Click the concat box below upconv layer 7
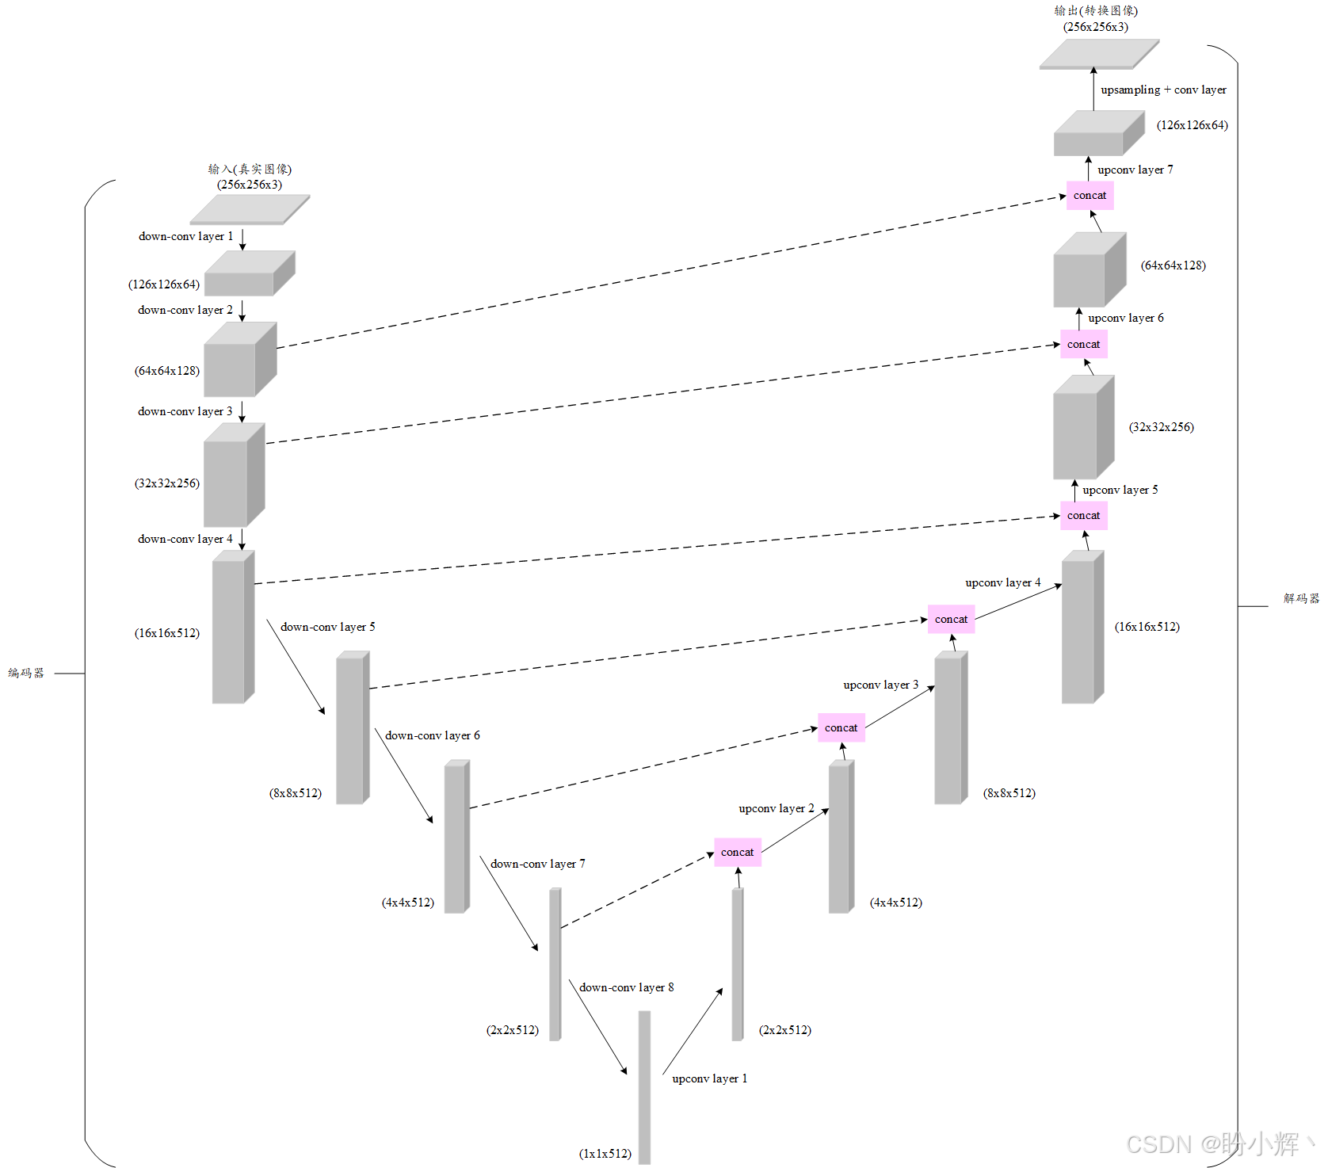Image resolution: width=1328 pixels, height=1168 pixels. tap(1089, 195)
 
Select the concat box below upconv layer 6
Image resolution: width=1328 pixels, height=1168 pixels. tap(1083, 344)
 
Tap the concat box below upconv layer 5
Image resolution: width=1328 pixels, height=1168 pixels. tap(1083, 515)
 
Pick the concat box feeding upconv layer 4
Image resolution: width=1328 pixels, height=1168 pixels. tap(951, 619)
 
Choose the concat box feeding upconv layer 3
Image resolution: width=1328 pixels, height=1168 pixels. tap(841, 727)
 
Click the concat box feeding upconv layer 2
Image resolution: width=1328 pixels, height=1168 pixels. tap(737, 852)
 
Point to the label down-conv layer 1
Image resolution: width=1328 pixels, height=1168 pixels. tap(185, 236)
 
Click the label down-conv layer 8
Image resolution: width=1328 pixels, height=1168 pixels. tap(626, 987)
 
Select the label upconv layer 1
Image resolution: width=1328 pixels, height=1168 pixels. tap(709, 1078)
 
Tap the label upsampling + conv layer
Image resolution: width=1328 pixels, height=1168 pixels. tap(1163, 90)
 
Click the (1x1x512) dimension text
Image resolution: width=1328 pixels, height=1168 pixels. tap(605, 1154)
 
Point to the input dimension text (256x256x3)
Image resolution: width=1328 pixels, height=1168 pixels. tap(250, 185)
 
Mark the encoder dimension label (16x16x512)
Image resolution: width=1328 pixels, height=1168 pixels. tap(167, 633)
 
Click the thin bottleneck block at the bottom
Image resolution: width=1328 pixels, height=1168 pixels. tap(644, 1086)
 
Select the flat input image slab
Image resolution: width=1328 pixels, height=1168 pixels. tap(249, 210)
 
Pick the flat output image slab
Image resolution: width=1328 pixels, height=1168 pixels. tap(1098, 54)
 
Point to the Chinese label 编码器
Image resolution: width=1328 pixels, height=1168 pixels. tap(26, 673)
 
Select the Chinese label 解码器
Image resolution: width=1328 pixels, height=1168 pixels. tap(1301, 598)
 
